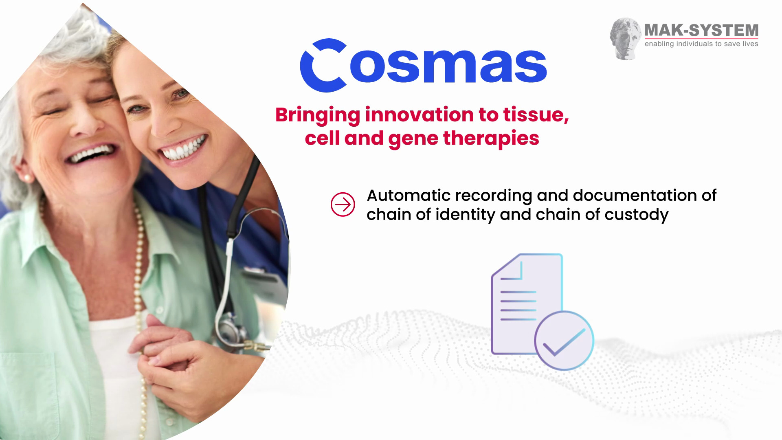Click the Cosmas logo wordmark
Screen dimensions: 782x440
(424, 66)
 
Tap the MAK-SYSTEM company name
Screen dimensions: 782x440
(701, 31)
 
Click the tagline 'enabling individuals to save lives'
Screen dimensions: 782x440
(701, 44)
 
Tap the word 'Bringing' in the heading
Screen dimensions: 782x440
(318, 115)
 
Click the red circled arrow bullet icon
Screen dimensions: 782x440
(343, 205)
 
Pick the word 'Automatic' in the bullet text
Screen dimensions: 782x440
(409, 196)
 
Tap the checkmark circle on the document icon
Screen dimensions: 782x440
(564, 341)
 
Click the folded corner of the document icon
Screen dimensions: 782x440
(511, 267)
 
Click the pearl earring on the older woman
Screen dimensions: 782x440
(28, 178)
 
